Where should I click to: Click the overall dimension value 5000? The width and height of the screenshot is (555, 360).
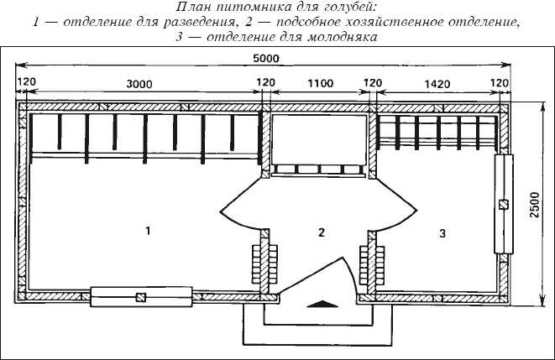[266, 59]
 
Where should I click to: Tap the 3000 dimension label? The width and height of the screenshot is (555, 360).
[139, 84]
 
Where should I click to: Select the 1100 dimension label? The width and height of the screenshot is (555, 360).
[321, 83]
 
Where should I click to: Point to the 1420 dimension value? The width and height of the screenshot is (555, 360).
[437, 84]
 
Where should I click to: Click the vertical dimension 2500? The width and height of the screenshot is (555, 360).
[535, 205]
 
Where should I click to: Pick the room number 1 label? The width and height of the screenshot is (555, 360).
[148, 231]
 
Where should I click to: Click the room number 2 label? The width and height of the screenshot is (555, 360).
[322, 232]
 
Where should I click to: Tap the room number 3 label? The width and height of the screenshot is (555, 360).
[442, 233]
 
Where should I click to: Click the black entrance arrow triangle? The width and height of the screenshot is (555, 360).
[321, 304]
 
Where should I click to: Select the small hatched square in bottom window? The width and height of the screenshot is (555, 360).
[141, 297]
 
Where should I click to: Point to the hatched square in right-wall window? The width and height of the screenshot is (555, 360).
[503, 205]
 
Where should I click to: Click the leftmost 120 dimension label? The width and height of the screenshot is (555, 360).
[27, 81]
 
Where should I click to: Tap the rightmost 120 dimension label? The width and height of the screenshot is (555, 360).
[500, 83]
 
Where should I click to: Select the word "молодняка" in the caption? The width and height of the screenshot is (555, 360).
[343, 36]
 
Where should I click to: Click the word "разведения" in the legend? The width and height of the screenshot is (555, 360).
[199, 22]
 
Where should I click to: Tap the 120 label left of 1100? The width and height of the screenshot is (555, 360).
[265, 82]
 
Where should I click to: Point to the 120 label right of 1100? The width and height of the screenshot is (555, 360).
[373, 83]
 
